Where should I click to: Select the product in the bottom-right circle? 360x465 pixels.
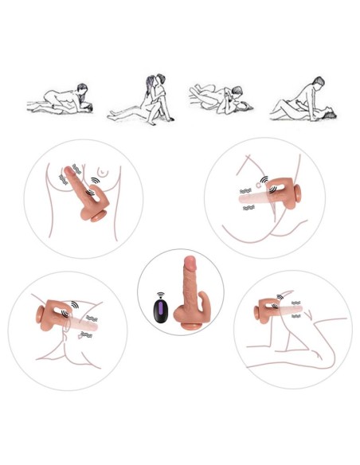click(275, 307)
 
